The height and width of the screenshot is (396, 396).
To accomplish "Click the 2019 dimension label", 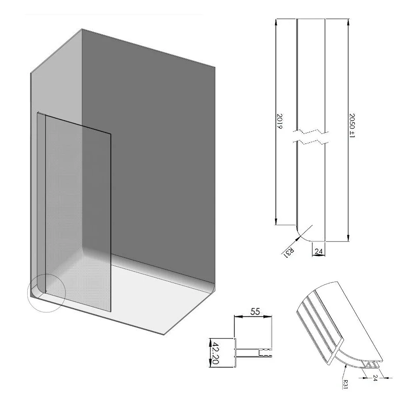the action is tap(279, 121).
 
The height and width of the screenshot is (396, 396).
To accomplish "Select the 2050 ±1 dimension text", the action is tap(352, 125).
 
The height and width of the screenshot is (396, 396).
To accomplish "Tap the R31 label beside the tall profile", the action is tap(289, 253).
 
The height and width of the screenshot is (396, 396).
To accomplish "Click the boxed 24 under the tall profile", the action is tap(319, 251).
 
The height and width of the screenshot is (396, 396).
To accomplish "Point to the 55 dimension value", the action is tap(255, 312).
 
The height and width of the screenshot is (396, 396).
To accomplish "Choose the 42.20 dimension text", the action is tap(215, 353).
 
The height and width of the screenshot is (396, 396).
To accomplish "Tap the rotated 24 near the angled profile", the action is tap(375, 378).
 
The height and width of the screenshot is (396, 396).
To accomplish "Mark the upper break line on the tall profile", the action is tap(311, 132).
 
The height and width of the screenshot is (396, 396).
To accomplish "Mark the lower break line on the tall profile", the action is tap(311, 142).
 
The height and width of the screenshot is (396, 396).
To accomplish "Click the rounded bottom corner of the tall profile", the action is tap(301, 237).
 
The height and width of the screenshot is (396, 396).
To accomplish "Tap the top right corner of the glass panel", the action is tap(110, 134).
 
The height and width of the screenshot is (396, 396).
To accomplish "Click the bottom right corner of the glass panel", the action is tap(111, 312).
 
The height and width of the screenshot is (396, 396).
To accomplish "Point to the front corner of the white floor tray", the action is tap(164, 335).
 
